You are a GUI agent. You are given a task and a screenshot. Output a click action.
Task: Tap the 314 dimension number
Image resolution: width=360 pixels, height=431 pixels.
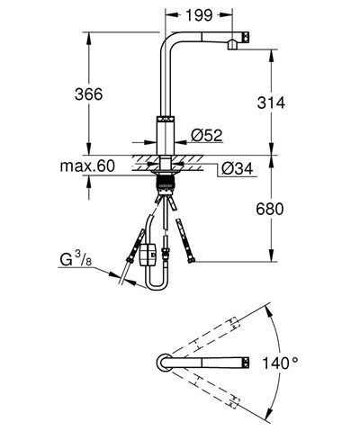(269, 103)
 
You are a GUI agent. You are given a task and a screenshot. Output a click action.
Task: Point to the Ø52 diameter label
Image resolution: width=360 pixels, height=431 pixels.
(206, 135)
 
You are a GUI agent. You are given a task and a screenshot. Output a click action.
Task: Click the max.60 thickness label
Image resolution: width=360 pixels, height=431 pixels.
(86, 166)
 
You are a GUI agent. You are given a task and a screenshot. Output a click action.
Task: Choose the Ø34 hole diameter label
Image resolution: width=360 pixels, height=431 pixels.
(236, 167)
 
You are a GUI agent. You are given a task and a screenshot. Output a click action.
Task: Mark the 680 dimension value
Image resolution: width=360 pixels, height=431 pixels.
(269, 210)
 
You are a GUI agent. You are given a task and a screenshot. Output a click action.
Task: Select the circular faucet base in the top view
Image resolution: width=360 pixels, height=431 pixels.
(163, 364)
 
